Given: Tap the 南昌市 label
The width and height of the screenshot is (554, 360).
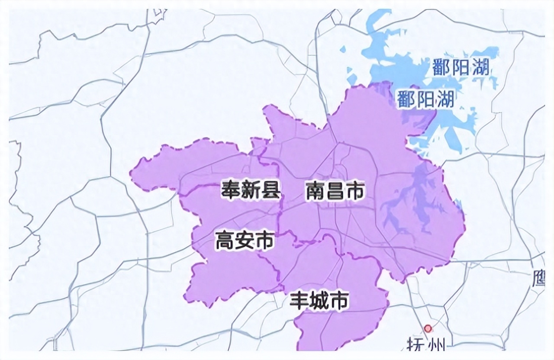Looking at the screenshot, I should (x=335, y=191).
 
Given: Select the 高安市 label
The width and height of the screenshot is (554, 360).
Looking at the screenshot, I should (x=245, y=241).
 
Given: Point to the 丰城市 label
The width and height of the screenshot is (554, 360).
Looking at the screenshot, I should (x=319, y=300).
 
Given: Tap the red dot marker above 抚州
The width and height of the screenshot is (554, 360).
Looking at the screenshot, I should (x=428, y=329).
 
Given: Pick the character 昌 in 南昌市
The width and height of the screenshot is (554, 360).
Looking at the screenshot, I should (x=335, y=191).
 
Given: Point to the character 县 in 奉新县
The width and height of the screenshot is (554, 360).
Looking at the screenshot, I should (x=271, y=190).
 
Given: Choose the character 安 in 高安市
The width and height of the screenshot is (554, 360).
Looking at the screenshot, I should (x=245, y=241).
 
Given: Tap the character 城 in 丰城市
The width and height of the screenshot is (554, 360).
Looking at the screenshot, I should (x=319, y=300).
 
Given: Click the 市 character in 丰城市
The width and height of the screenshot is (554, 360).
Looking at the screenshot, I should (x=339, y=300).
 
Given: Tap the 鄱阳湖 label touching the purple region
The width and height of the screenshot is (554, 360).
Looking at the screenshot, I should (x=425, y=100).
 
